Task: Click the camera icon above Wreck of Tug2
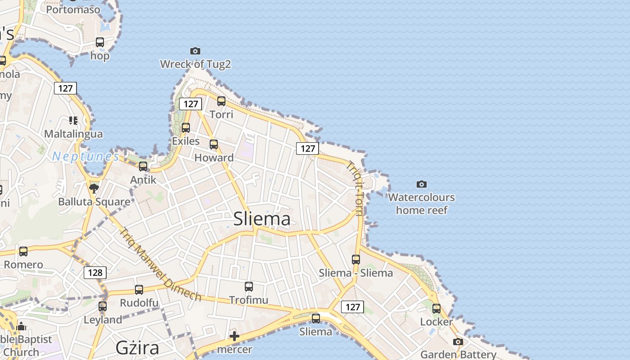[x=195, y=51]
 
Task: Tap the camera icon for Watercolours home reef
[x=421, y=184]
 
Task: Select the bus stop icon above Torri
[x=221, y=101]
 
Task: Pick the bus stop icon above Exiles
[x=186, y=127]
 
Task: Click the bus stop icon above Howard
[x=214, y=144]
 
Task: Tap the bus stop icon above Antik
[x=143, y=166]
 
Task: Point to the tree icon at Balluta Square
[x=94, y=188]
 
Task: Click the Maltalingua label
[x=73, y=134]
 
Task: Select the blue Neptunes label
[x=85, y=156]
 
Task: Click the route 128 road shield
[x=95, y=272]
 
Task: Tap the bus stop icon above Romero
[x=23, y=251]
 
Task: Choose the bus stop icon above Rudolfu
[x=139, y=289]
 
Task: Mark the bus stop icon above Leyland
[x=103, y=306]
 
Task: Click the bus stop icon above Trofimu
[x=248, y=286]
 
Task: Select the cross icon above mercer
[x=234, y=336]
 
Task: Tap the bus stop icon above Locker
[x=436, y=308]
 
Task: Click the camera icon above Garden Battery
[x=458, y=342]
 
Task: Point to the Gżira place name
[x=137, y=348]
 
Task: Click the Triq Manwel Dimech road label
[x=160, y=264]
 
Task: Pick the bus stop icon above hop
[x=100, y=42]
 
